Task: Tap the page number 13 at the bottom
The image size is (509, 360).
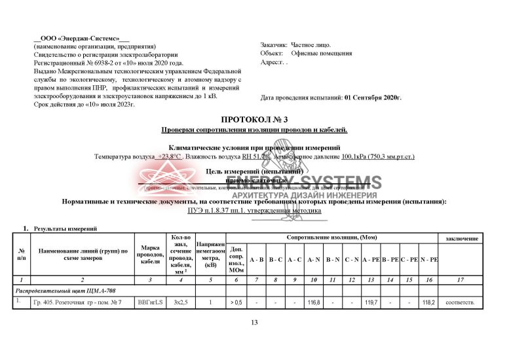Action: click(255, 323)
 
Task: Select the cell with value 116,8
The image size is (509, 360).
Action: click(313, 303)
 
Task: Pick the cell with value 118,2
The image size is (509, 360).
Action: click(428, 303)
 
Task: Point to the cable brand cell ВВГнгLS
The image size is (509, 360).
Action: click(151, 303)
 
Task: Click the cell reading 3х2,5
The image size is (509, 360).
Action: click(179, 303)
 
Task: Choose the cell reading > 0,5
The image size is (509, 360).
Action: click(236, 303)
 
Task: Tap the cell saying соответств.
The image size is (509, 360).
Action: click(459, 303)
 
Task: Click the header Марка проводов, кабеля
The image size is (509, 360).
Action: click(151, 255)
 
